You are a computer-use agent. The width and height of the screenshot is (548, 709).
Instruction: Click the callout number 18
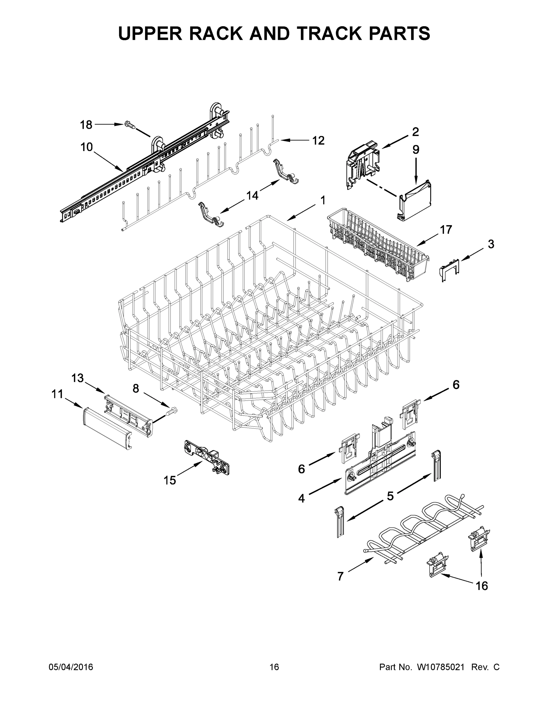(86, 125)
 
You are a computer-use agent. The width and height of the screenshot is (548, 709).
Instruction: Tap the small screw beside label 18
(130, 125)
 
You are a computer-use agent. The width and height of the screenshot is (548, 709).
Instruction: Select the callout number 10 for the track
(87, 147)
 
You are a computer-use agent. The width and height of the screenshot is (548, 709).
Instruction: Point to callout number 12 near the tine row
(318, 141)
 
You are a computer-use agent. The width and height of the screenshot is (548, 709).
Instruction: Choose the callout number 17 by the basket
(446, 230)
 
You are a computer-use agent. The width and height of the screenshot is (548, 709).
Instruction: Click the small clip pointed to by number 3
(450, 268)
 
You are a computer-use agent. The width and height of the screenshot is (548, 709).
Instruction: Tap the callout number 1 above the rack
(323, 200)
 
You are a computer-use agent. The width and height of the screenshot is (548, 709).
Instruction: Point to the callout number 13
(78, 378)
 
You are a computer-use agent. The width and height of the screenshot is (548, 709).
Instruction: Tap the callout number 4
(302, 498)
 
